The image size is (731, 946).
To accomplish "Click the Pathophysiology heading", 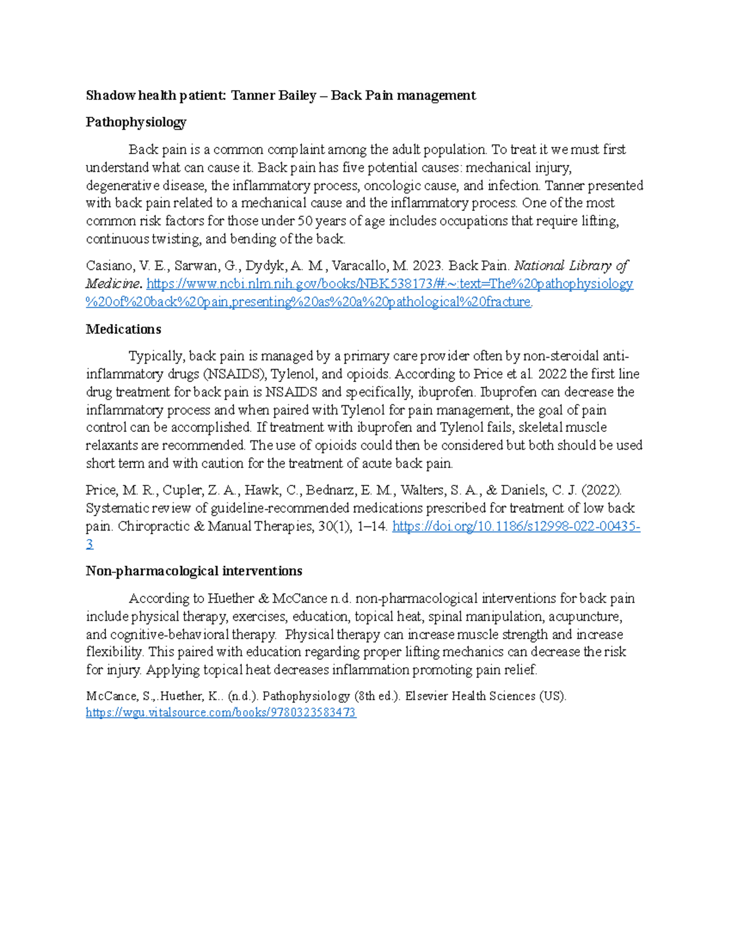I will point(136,122).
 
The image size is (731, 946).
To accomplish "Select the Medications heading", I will point(124,330).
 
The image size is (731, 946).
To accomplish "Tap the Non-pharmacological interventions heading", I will point(194,571).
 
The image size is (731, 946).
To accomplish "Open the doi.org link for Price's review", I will point(515,526).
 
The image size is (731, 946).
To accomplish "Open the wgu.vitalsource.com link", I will point(221,713).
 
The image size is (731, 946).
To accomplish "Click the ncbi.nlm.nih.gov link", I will point(390,284).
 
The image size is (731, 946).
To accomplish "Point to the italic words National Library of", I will point(571,266).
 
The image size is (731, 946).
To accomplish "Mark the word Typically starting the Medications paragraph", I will point(155,356).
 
